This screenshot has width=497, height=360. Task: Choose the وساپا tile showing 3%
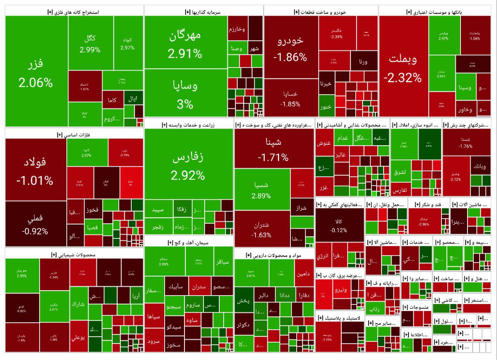coord(185,93)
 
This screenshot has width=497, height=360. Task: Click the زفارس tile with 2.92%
coord(188,165)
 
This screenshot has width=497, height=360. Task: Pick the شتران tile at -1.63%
coord(262,229)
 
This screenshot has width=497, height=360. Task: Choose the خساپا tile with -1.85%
coord(290,99)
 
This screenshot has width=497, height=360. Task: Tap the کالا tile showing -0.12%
coord(339,225)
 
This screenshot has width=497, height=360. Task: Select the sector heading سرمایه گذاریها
coord(203,12)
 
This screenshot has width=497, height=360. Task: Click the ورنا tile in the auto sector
coord(363,61)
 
